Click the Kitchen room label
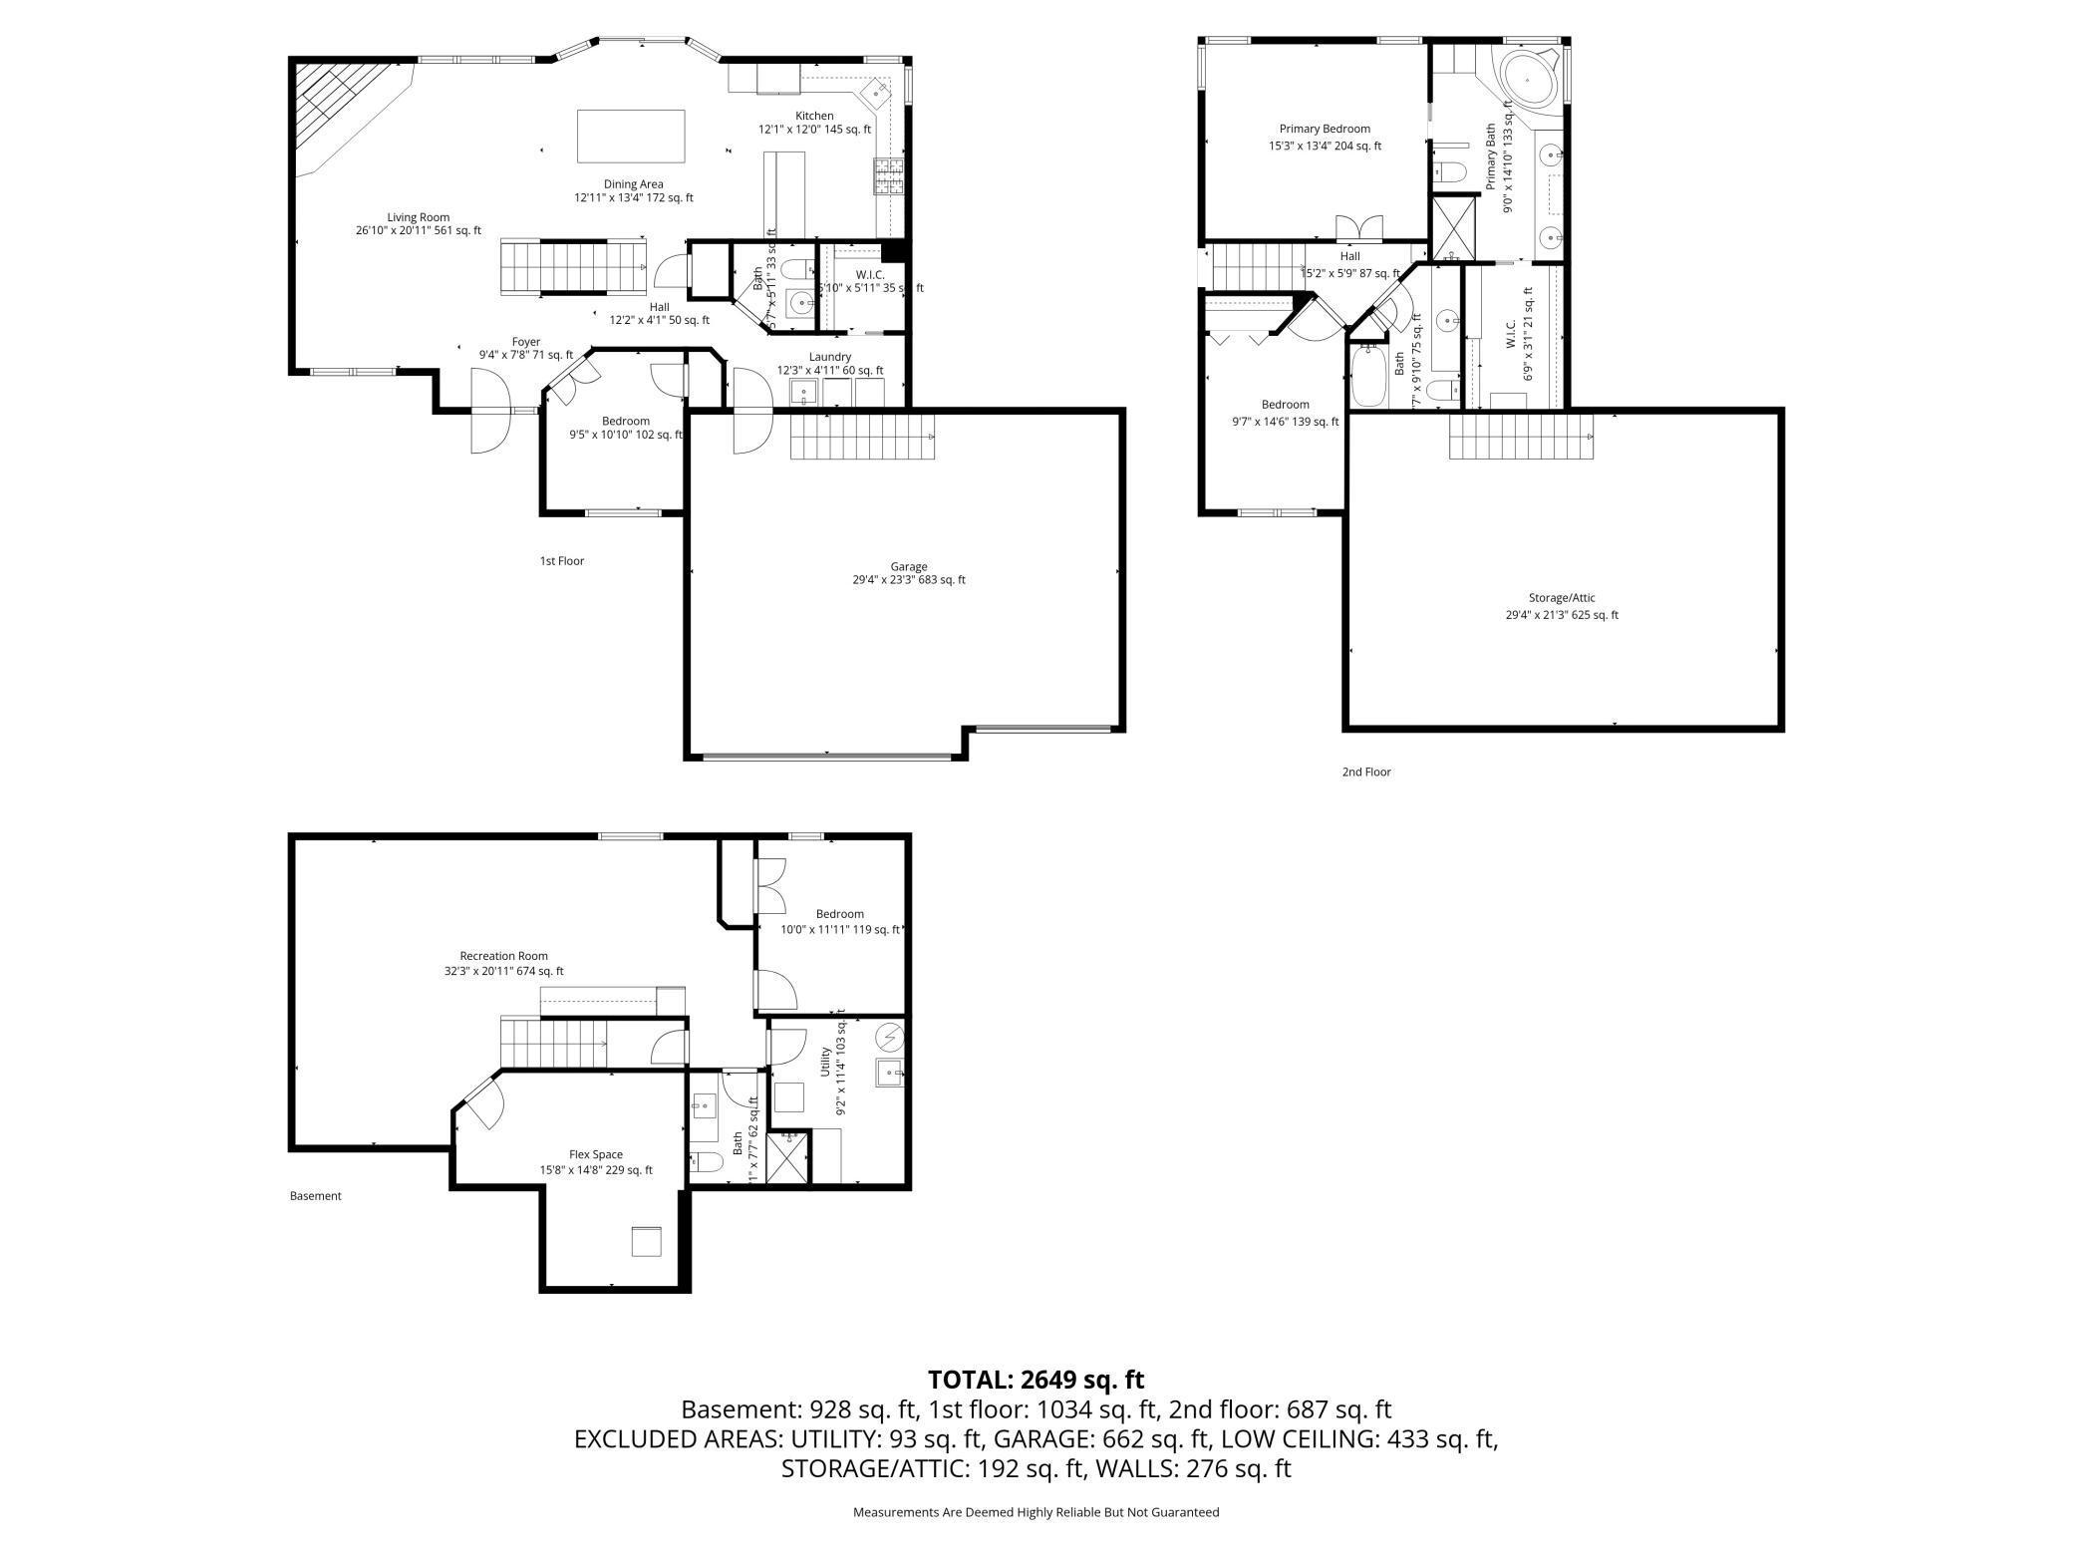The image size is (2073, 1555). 813,116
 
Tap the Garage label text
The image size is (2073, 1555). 908,567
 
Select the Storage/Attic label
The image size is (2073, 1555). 1562,598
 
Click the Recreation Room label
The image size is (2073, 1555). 503,956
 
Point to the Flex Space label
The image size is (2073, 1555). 596,1154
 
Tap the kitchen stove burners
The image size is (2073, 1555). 889,176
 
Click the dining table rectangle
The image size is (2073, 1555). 631,136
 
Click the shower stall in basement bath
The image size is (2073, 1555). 787,1157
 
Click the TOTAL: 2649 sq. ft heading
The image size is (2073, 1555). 1036,1380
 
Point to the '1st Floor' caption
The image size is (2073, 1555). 562,561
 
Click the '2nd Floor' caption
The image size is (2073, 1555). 1365,772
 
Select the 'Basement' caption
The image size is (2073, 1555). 315,1196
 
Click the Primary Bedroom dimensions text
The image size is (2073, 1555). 1325,146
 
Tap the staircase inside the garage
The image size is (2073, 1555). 863,437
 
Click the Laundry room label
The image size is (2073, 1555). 829,357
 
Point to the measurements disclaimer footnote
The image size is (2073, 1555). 1036,1512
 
